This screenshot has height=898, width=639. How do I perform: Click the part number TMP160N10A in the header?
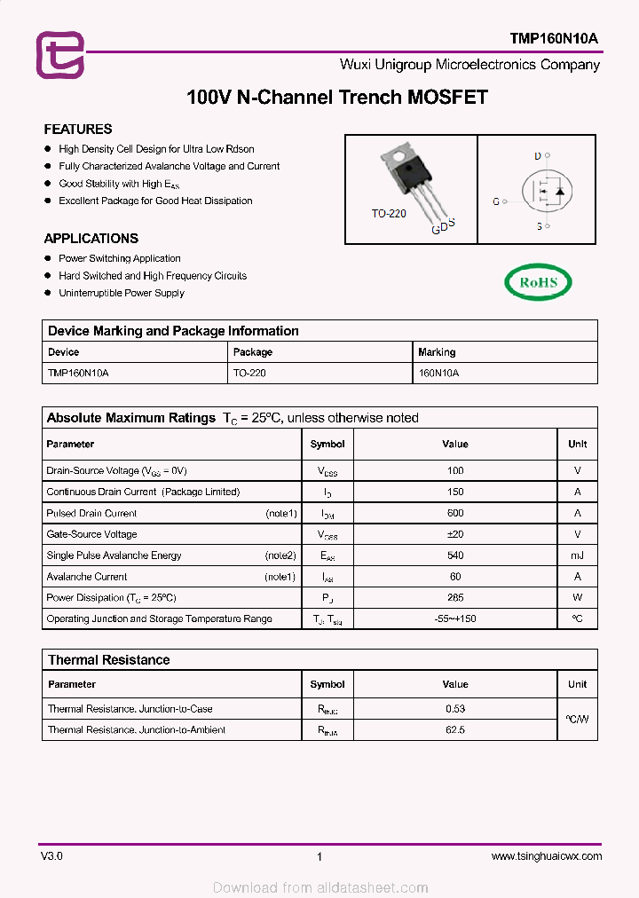point(554,39)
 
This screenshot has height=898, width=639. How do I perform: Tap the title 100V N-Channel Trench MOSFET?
point(337,98)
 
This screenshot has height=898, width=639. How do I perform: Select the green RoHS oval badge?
point(538,282)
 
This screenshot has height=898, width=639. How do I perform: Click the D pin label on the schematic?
point(537,156)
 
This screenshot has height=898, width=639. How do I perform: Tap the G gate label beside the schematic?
point(496,201)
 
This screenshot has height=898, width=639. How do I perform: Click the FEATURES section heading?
point(78,129)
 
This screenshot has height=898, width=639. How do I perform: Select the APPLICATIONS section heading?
point(91,238)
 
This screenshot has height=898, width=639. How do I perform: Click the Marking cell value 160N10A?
point(438,374)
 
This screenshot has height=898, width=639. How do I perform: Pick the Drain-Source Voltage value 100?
point(455,470)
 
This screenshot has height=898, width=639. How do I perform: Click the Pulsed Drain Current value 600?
point(455,513)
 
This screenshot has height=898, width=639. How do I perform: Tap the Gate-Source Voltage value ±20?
point(455,534)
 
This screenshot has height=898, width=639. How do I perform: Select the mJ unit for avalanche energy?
point(577,555)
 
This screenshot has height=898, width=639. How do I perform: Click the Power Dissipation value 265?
point(455,598)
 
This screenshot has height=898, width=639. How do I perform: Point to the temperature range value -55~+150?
point(455,618)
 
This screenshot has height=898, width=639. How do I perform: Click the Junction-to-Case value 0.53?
point(455,709)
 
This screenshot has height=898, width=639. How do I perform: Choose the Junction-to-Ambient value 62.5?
point(455,730)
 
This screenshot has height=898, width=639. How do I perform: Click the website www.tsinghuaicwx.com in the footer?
point(546,856)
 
